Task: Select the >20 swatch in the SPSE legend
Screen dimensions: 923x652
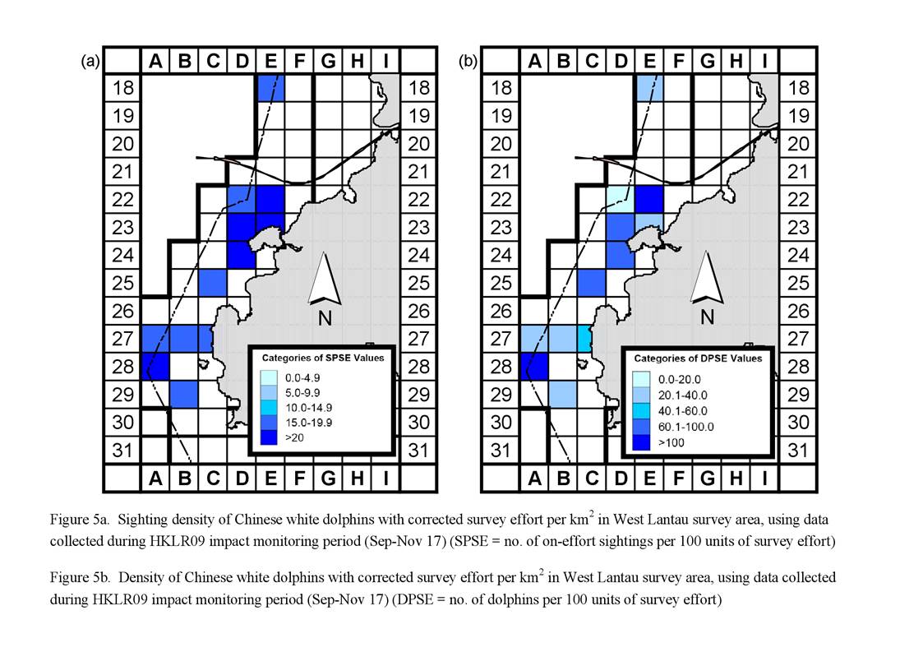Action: [x=269, y=437]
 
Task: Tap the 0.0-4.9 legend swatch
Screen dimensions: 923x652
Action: [x=269, y=377]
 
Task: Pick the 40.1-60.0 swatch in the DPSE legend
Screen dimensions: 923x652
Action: [x=641, y=410]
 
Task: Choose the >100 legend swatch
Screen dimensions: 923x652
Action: [x=641, y=442]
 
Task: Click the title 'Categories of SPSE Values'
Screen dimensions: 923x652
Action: [x=322, y=358]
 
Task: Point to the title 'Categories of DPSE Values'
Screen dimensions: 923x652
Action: [x=698, y=358]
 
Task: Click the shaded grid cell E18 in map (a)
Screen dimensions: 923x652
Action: [x=270, y=88]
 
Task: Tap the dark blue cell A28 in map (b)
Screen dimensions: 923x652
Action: [x=534, y=367]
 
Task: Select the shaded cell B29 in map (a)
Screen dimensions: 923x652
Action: [x=183, y=394]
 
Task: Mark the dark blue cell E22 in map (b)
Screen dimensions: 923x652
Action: [x=649, y=199]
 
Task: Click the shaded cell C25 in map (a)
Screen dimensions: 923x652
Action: [x=213, y=283]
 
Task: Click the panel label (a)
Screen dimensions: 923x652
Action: [x=90, y=61]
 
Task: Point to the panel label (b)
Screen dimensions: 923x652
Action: [x=468, y=61]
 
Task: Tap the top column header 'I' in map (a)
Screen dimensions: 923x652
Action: [x=386, y=61]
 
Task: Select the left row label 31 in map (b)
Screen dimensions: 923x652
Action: [x=501, y=451]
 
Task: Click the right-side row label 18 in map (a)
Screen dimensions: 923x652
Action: [x=419, y=88]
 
